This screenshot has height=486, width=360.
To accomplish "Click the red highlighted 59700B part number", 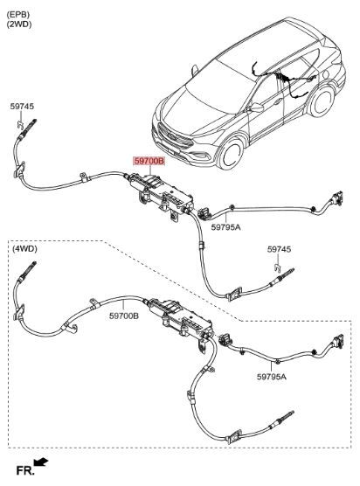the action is point(149,161).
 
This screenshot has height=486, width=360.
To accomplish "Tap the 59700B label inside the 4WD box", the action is point(124,316).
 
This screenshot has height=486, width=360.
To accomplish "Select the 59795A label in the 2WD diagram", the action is point(225,227).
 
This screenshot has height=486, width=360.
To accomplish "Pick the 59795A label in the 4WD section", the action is point(272,377).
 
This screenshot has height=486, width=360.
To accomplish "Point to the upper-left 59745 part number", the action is point(22,107).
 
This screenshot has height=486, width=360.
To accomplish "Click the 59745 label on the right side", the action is point(279,249).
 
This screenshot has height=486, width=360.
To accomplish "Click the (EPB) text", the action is point(18,15).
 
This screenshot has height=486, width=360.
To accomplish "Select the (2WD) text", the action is point(19,24).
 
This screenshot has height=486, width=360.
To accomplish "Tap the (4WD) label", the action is point(24,248).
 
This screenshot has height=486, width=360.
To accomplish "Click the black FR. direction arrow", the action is point(41,462).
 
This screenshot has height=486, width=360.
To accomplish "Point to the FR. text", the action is point(25,471).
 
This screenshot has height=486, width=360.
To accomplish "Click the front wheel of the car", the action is point(230,154).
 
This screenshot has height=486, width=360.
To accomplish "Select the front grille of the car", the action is point(172,136).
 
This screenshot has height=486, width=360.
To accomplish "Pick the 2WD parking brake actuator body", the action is point(162,192).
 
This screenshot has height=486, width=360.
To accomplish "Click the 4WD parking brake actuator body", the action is point(181,319).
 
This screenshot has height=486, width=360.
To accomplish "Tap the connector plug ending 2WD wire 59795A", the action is point(336,198).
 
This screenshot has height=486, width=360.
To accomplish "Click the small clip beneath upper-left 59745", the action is point(20,125).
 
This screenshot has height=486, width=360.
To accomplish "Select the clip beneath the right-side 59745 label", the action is point(278,267).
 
